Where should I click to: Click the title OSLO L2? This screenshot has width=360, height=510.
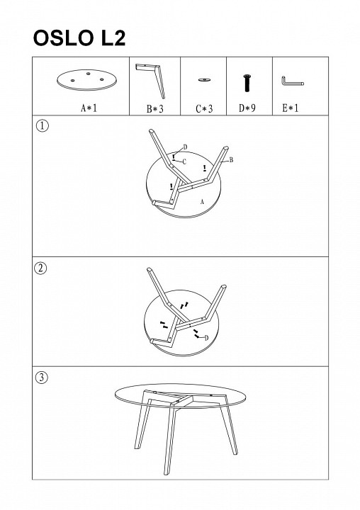click(x=79, y=38)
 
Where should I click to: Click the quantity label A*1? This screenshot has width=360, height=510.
click(x=89, y=108)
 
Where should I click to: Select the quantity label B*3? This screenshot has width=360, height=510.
click(x=154, y=108)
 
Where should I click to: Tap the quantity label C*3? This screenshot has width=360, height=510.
click(x=204, y=108)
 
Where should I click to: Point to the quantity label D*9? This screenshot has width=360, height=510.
click(x=247, y=108)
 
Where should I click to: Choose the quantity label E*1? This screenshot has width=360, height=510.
click(x=290, y=108)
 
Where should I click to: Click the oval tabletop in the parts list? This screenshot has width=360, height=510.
click(x=86, y=79)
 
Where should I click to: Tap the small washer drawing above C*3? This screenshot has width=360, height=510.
click(x=204, y=79)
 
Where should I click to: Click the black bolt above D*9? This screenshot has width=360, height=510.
click(x=247, y=83)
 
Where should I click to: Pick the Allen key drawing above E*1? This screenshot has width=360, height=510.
click(x=293, y=81)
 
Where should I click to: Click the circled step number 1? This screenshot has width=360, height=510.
click(x=43, y=125)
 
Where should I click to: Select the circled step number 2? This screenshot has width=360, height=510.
click(x=40, y=268)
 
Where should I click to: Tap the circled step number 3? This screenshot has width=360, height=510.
click(x=41, y=378)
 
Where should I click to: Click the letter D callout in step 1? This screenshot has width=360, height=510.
click(x=185, y=147)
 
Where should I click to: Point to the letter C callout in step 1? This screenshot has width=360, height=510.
click(x=184, y=161)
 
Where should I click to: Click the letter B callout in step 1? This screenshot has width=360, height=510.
click(x=232, y=159)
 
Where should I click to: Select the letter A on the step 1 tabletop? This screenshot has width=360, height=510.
click(x=202, y=202)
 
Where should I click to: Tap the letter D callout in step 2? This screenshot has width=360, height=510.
click(x=206, y=338)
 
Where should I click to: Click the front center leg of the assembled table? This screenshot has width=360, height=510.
click(x=170, y=436)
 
